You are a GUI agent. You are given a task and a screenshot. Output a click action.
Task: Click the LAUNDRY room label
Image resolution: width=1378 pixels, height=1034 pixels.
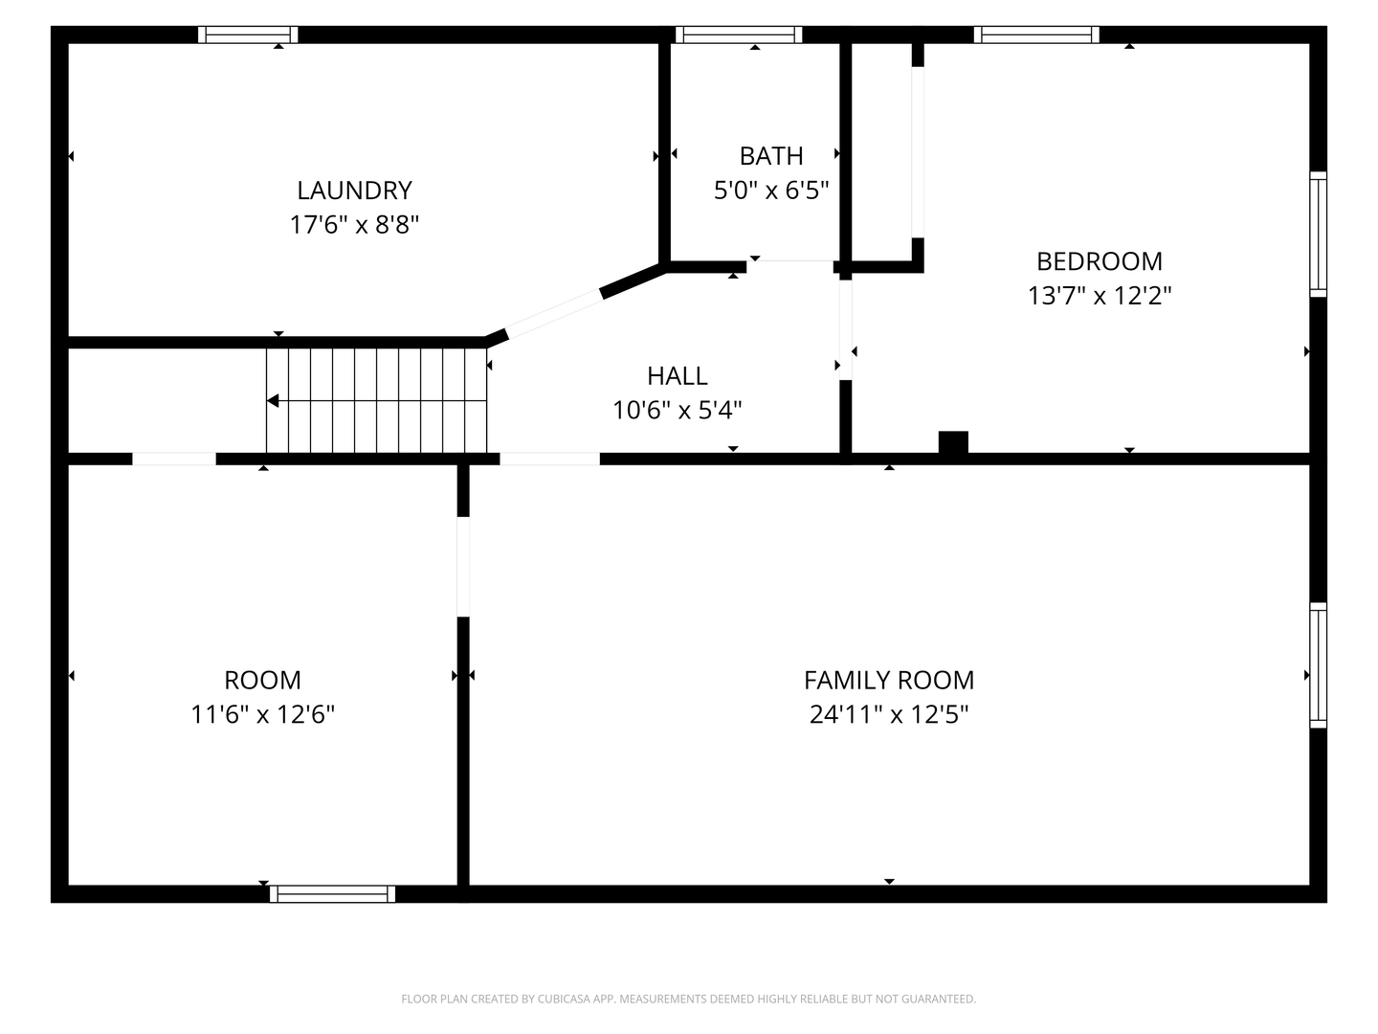(x=354, y=190)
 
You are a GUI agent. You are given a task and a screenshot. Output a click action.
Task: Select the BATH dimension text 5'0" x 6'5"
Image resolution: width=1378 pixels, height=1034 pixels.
(x=770, y=190)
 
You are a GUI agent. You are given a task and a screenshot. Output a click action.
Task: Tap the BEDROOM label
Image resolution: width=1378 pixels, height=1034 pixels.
(x=1099, y=260)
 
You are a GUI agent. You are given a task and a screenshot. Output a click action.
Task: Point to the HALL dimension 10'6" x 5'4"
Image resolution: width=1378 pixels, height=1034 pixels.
(x=677, y=410)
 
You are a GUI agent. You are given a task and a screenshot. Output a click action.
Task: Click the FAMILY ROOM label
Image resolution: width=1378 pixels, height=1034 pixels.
(x=888, y=680)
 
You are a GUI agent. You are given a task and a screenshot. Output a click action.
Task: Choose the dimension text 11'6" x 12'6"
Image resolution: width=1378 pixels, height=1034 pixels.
(x=262, y=714)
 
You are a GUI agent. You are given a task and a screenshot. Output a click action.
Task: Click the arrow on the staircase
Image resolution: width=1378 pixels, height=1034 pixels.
(x=274, y=401)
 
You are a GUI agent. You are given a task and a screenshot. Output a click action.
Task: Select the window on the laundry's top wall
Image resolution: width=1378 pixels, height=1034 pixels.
(x=248, y=35)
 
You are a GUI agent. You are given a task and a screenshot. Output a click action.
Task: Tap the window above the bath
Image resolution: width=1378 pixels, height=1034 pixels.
(x=738, y=35)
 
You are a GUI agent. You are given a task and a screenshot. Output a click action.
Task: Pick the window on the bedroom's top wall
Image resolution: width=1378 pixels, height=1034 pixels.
(x=1036, y=35)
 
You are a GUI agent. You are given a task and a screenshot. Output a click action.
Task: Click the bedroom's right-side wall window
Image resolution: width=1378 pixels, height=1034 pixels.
(x=1318, y=235)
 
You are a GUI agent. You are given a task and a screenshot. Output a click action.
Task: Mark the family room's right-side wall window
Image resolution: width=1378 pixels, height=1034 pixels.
(x=1318, y=665)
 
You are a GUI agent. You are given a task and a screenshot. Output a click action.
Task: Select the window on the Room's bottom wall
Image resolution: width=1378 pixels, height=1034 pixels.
(x=332, y=893)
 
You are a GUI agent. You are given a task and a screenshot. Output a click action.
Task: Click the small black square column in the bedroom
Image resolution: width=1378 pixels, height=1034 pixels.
(x=953, y=442)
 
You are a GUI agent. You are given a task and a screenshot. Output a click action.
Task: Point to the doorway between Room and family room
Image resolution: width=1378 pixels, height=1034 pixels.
(x=463, y=567)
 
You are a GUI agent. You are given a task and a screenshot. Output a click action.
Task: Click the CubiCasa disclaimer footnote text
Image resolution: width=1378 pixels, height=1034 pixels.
(x=688, y=999)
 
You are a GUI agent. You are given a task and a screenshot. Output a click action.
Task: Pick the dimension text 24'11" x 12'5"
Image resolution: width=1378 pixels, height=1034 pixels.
(x=888, y=714)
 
